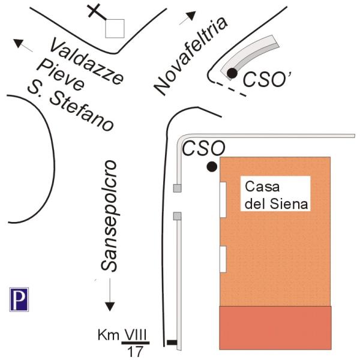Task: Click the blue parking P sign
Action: tap(19, 299)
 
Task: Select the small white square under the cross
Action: tap(115, 28)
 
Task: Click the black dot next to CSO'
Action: tap(232, 73)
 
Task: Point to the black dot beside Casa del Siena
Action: tap(212, 167)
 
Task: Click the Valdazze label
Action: tap(86, 61)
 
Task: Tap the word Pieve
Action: tap(61, 76)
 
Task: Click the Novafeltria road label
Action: tap(191, 56)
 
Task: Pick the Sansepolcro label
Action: tap(109, 216)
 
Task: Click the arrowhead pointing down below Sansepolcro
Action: tap(110, 307)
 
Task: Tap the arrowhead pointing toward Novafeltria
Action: tap(191, 16)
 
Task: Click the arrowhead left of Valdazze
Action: tap(19, 43)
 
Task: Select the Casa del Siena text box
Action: tap(275, 194)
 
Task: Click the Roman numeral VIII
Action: tap(136, 335)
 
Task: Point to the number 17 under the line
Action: tap(135, 352)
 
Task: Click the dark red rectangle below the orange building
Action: tap(275, 328)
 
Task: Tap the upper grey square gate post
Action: tap(177, 188)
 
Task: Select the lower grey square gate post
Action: tap(177, 216)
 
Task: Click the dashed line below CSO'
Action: tap(230, 89)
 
